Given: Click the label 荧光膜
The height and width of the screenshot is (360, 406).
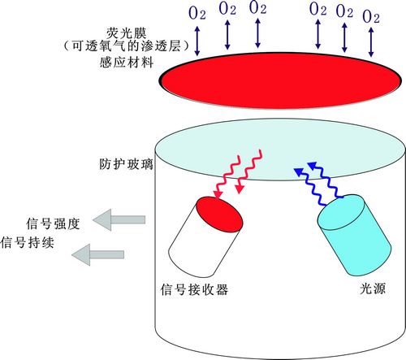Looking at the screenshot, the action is click(x=127, y=33).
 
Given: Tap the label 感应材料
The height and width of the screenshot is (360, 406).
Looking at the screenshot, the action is click(x=127, y=63).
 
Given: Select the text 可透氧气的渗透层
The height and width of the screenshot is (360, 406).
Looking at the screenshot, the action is click(x=127, y=46).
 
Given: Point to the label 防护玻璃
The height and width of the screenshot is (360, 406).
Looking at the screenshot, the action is click(x=126, y=164).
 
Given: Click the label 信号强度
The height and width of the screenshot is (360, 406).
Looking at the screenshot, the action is click(x=53, y=224).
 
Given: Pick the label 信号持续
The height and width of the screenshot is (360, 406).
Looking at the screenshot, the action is click(x=27, y=242).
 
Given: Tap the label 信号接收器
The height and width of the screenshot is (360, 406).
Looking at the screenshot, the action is click(x=194, y=289).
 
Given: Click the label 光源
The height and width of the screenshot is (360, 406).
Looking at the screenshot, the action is click(x=373, y=288).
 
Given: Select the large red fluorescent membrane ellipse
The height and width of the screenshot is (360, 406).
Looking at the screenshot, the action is click(x=280, y=80).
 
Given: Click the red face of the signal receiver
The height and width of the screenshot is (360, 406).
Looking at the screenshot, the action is click(x=219, y=215).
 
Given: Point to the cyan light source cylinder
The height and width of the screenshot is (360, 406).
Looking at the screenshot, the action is click(x=354, y=235).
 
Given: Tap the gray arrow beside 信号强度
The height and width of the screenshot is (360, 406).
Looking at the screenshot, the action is click(x=119, y=219).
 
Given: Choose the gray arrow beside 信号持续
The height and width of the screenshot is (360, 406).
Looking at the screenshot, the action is click(x=97, y=254).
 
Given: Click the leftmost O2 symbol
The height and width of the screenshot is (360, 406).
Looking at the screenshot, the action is click(x=197, y=13).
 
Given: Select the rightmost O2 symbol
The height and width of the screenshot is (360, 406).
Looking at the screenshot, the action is click(x=371, y=16).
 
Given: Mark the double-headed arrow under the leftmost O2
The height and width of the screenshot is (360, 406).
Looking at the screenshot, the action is click(x=197, y=41).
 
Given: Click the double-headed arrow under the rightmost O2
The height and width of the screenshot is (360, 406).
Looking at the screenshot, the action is click(x=371, y=42).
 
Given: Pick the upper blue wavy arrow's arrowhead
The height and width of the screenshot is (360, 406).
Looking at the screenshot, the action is click(x=313, y=165).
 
